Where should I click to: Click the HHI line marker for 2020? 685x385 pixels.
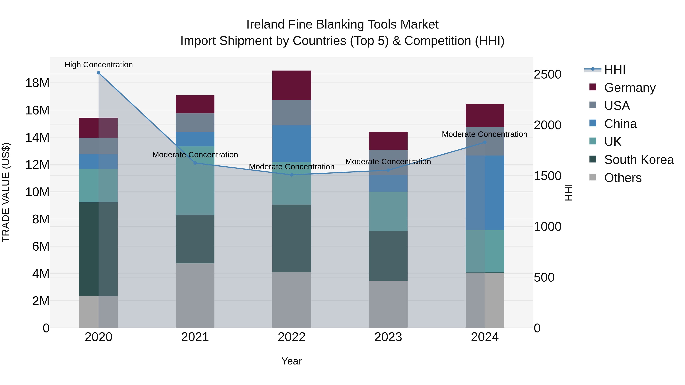pyautogui.click(x=98, y=73)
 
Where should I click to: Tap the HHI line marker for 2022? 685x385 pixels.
pyautogui.click(x=292, y=175)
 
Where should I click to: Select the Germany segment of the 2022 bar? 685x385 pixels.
pyautogui.click(x=292, y=85)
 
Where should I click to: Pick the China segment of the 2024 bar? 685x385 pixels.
pyautogui.click(x=485, y=193)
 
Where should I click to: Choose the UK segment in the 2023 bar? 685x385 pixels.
pyautogui.click(x=388, y=211)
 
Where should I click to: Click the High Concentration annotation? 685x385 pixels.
pyautogui.click(x=98, y=65)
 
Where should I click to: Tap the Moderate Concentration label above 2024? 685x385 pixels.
pyautogui.click(x=484, y=134)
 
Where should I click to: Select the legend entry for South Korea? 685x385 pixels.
pyautogui.click(x=639, y=160)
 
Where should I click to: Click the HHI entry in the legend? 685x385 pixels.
pyautogui.click(x=615, y=70)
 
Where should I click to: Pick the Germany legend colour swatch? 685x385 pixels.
pyautogui.click(x=593, y=87)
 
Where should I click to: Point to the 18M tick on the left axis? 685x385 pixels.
pyautogui.click(x=37, y=83)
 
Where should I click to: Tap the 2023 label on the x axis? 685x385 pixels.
pyautogui.click(x=388, y=337)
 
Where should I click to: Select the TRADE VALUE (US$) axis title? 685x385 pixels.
pyautogui.click(x=6, y=192)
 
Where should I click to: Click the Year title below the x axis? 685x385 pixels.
pyautogui.click(x=292, y=361)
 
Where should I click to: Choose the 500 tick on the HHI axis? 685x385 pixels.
pyautogui.click(x=544, y=277)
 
